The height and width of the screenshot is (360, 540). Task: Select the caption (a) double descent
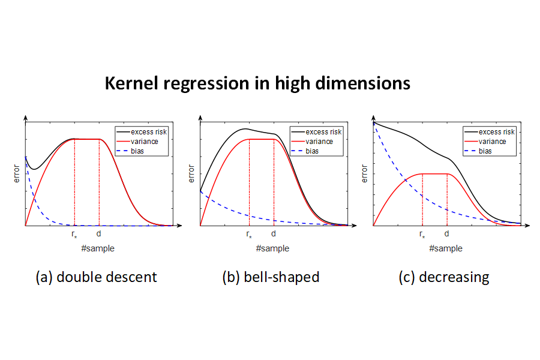97,277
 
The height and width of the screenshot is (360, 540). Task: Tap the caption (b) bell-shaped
271,277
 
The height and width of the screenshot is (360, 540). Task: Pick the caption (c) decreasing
444,277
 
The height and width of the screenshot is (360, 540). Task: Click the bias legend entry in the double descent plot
137,151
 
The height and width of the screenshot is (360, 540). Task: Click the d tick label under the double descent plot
99,234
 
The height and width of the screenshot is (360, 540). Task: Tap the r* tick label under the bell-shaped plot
249,235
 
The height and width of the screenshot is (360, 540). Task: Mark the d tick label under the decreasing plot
446,234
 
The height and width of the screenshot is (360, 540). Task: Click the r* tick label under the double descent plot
74,235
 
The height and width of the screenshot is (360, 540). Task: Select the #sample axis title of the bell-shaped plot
272,248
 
